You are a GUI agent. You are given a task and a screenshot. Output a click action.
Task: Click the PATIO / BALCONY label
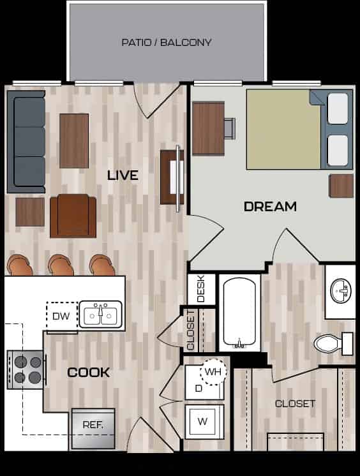pos(167,43)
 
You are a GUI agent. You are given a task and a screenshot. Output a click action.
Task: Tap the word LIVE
pos(123,175)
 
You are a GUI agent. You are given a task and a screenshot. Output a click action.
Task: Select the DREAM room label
pos(270,207)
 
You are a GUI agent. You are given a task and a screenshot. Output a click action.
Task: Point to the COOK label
pos(89,373)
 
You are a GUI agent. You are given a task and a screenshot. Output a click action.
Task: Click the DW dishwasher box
pos(61,315)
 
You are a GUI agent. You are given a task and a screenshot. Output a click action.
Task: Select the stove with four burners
pos(26,370)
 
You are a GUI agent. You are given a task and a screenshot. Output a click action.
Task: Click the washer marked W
pos(204,421)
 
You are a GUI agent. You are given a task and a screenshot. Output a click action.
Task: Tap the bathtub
pos(239,312)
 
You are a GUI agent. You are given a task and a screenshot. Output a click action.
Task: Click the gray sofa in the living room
pos(26,142)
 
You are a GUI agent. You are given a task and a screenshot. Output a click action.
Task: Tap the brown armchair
pos(73,215)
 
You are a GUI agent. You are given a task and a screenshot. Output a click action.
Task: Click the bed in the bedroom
pos(297,130)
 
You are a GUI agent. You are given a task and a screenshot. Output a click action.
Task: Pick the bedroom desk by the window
pos(208,128)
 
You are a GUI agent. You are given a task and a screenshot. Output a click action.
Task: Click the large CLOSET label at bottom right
pos(295,404)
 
